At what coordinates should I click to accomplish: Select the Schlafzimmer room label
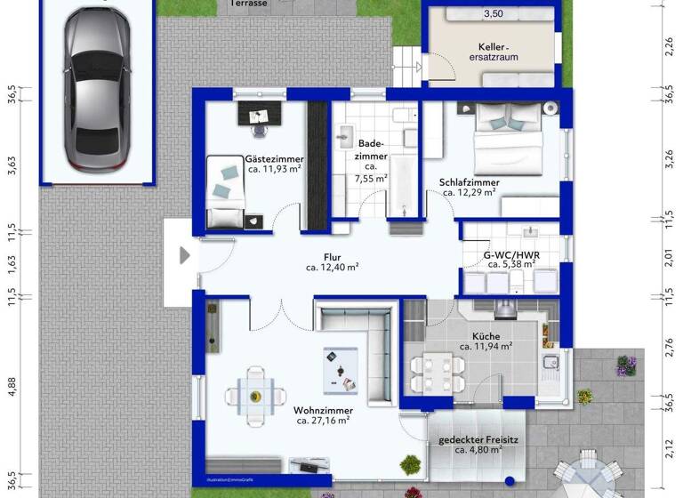pos(469,183)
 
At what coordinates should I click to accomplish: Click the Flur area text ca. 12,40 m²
pos(333,267)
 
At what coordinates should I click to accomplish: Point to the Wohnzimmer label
pos(321,411)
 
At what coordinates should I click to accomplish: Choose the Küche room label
pos(486,335)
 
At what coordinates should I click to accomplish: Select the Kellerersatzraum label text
pos(494,51)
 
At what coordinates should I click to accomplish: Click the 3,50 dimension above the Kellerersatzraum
pos(493,14)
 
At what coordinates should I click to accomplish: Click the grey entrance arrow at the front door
pos(185,256)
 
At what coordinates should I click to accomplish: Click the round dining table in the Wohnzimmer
pos(255,396)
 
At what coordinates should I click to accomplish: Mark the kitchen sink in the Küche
pos(550,362)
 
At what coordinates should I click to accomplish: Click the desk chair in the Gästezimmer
pos(259,126)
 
